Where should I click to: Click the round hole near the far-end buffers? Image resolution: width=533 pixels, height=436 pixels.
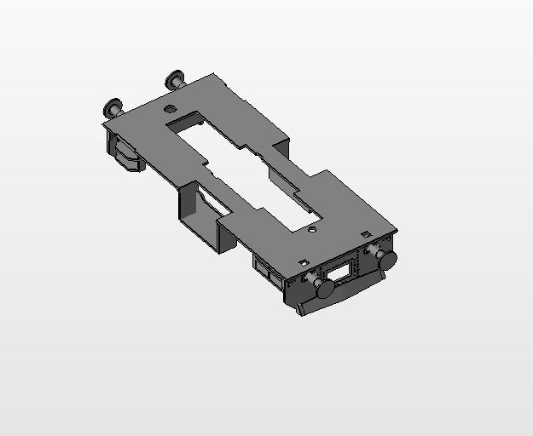(x=170, y=109)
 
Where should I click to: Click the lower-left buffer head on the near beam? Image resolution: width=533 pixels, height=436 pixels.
(x=324, y=289)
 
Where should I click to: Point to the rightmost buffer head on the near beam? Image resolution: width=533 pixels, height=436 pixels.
(x=387, y=259)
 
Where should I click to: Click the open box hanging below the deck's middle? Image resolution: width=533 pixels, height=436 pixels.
(x=200, y=213)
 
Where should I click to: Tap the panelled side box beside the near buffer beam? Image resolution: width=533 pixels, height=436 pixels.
(x=269, y=272)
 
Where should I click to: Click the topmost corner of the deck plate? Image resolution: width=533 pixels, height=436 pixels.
(x=220, y=76)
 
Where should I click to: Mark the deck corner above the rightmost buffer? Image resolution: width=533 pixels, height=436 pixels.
(x=397, y=230)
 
